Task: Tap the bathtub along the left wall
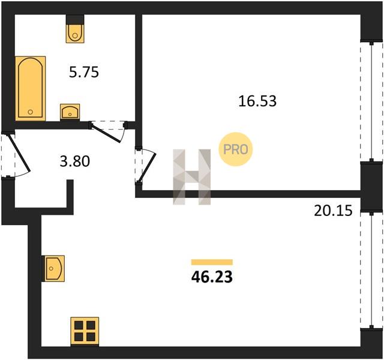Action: (31, 88)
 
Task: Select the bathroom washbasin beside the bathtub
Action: (70, 112)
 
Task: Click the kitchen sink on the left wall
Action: (53, 268)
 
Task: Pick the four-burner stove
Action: (85, 332)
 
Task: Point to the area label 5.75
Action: (84, 73)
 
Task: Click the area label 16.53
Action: (257, 101)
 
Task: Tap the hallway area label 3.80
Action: (75, 161)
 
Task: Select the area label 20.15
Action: (333, 211)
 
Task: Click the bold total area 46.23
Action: (212, 277)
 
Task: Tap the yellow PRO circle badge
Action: (236, 149)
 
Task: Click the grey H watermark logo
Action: (192, 177)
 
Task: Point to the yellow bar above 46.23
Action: (212, 262)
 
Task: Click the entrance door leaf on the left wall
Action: (19, 152)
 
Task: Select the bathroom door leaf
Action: (106, 132)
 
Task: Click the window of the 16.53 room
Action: (371, 101)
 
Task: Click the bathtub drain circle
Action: (31, 112)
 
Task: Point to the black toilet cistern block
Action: (75, 19)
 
